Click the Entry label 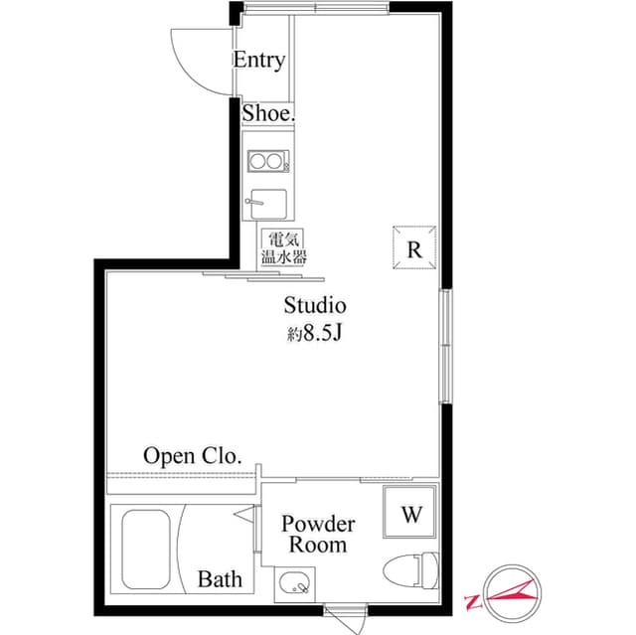point(258,60)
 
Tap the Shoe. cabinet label point(268,114)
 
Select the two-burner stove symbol point(267,160)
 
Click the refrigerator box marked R point(414,248)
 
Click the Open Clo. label point(193,456)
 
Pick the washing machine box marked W point(409,513)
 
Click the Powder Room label point(318,534)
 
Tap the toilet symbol point(410,571)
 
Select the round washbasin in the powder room point(293,583)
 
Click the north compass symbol point(507,590)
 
